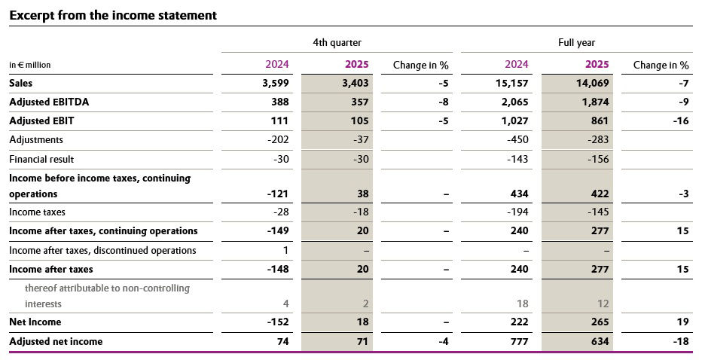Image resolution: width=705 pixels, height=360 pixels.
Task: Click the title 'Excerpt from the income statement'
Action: pyautogui.click(x=113, y=15)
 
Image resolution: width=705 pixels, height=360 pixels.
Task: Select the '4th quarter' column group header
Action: pyautogui.click(x=331, y=43)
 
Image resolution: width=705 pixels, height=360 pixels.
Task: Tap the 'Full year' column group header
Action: pyautogui.click(x=576, y=43)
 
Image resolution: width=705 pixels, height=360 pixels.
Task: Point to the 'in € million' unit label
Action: pyautogui.click(x=30, y=66)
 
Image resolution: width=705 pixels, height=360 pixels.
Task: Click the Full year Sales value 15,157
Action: pyautogui.click(x=513, y=84)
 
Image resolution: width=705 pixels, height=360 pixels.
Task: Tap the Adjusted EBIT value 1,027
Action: pyautogui.click(x=514, y=121)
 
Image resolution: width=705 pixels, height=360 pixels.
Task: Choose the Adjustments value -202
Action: pyautogui.click(x=278, y=139)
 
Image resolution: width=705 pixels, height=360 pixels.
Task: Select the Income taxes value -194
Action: pyautogui.click(x=516, y=212)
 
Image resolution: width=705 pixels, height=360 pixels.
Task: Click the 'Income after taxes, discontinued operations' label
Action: pyautogui.click(x=102, y=250)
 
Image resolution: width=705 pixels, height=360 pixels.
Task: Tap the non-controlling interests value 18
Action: pyautogui.click(x=522, y=304)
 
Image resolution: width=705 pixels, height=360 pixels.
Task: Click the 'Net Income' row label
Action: pyautogui.click(x=35, y=322)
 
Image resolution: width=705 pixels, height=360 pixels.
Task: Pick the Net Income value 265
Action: pyautogui.click(x=600, y=322)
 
